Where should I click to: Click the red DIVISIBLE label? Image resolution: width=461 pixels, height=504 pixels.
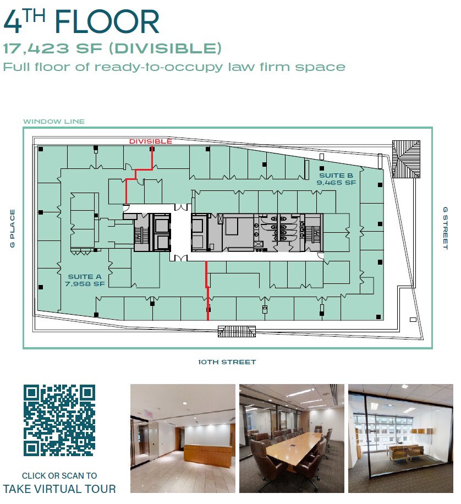pos(150,141)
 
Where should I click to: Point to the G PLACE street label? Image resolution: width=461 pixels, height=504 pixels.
pos(12,228)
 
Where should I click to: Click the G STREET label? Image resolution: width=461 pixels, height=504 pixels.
pos(445,228)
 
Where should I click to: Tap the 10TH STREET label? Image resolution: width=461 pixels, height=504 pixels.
pos(227,362)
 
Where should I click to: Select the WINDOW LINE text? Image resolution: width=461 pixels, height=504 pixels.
pos(54,122)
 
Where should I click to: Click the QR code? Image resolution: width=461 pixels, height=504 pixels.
pos(59,420)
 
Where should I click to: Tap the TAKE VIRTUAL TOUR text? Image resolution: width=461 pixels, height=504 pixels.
pos(59,489)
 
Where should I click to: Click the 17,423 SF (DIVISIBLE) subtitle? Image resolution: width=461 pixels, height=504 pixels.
pos(112,49)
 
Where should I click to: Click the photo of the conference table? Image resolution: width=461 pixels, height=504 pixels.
pos(292,438)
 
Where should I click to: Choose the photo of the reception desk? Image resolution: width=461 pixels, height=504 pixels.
pos(183,438)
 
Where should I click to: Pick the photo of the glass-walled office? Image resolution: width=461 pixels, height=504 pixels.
pos(400,438)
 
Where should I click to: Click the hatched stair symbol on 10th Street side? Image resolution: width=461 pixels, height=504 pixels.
pos(237,331)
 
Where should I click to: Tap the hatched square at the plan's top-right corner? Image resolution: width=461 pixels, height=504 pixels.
pos(407,151)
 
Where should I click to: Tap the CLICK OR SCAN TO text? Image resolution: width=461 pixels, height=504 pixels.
pos(59,475)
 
